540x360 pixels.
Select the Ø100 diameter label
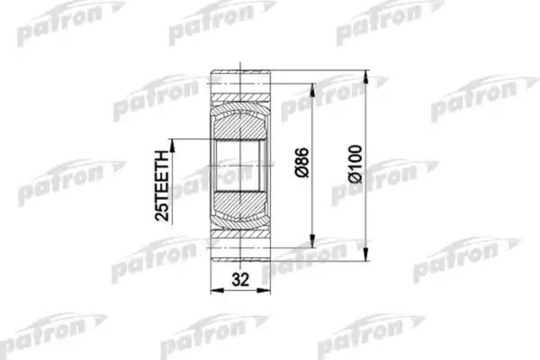(x=358, y=166)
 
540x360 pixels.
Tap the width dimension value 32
(x=239, y=279)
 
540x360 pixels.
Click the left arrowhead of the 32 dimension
(x=214, y=290)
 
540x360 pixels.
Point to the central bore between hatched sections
(x=239, y=166)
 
